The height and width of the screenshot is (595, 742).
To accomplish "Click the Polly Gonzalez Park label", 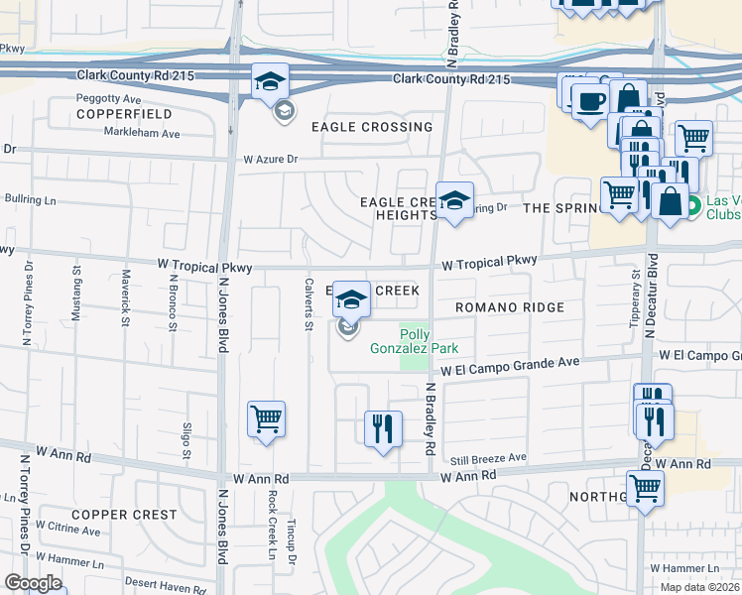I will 428,341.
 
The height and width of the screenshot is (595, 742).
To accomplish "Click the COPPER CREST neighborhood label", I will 124,515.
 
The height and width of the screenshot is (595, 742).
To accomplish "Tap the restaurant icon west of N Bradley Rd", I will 383,429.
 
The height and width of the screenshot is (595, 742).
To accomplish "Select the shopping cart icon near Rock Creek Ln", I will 267,419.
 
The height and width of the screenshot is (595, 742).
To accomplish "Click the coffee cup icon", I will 590,102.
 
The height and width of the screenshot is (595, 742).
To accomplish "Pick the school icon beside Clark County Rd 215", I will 269,82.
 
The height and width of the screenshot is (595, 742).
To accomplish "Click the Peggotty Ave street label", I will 109,99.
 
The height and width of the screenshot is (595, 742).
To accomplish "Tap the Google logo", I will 33,583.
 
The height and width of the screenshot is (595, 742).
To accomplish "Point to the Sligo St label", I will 185,440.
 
